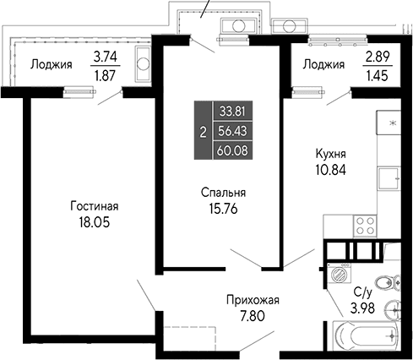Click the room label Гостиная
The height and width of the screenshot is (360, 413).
pos(94,205)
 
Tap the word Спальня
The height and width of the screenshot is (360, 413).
pos(219,191)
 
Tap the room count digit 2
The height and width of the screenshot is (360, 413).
pos(202,131)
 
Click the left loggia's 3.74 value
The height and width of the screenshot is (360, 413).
pos(106,57)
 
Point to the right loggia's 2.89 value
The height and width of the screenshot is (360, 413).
pos(378,57)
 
